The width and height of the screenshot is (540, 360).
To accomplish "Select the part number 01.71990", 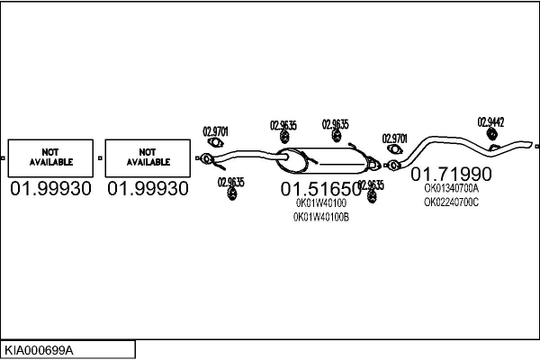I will click(x=452, y=173).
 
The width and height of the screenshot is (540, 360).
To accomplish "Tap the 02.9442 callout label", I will click(x=490, y=121).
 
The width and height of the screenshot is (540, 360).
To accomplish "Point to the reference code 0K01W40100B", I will click(x=321, y=218).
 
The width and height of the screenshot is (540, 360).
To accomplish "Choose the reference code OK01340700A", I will click(x=451, y=189).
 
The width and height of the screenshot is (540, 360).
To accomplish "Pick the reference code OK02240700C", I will click(x=451, y=202).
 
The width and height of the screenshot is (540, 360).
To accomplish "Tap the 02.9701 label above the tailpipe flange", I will click(x=394, y=138).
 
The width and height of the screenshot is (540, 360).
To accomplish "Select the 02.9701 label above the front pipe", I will click(x=216, y=129).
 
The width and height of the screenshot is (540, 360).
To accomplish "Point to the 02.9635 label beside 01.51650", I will click(x=371, y=185).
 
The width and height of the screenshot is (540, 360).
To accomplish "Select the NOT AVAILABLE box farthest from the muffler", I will click(x=50, y=157).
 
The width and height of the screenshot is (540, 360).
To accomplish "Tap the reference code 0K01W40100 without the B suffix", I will click(x=320, y=203).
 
